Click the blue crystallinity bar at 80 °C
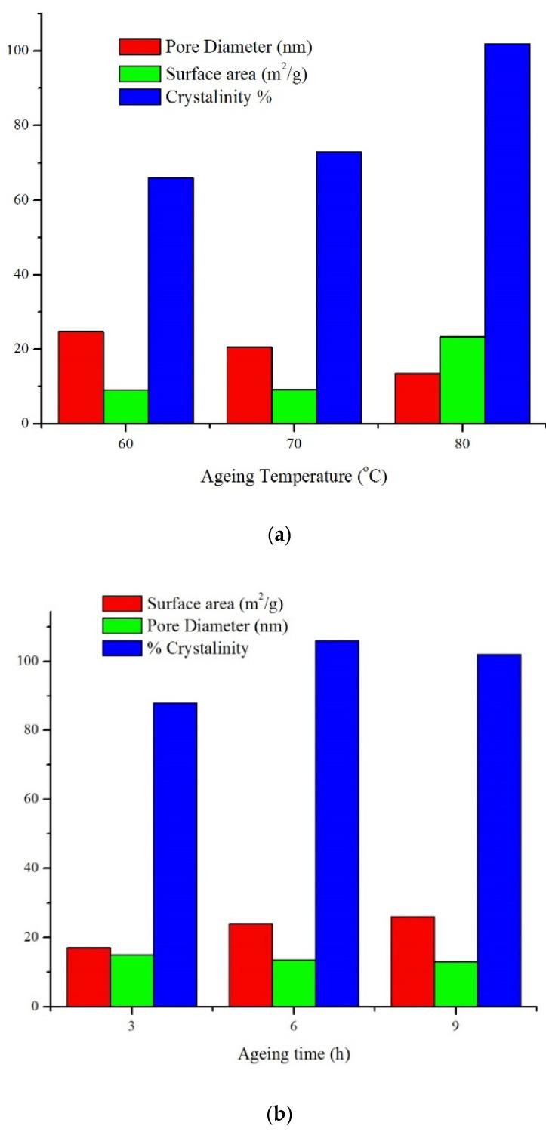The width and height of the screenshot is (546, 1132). pyautogui.click(x=507, y=233)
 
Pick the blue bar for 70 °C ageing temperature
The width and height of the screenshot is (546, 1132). pyautogui.click(x=339, y=287)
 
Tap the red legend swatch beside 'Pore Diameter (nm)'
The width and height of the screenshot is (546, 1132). pyautogui.click(x=140, y=47)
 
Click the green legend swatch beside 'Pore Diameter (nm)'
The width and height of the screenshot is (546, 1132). pyautogui.click(x=122, y=625)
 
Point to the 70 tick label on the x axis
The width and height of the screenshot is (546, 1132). pyautogui.click(x=295, y=444)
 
